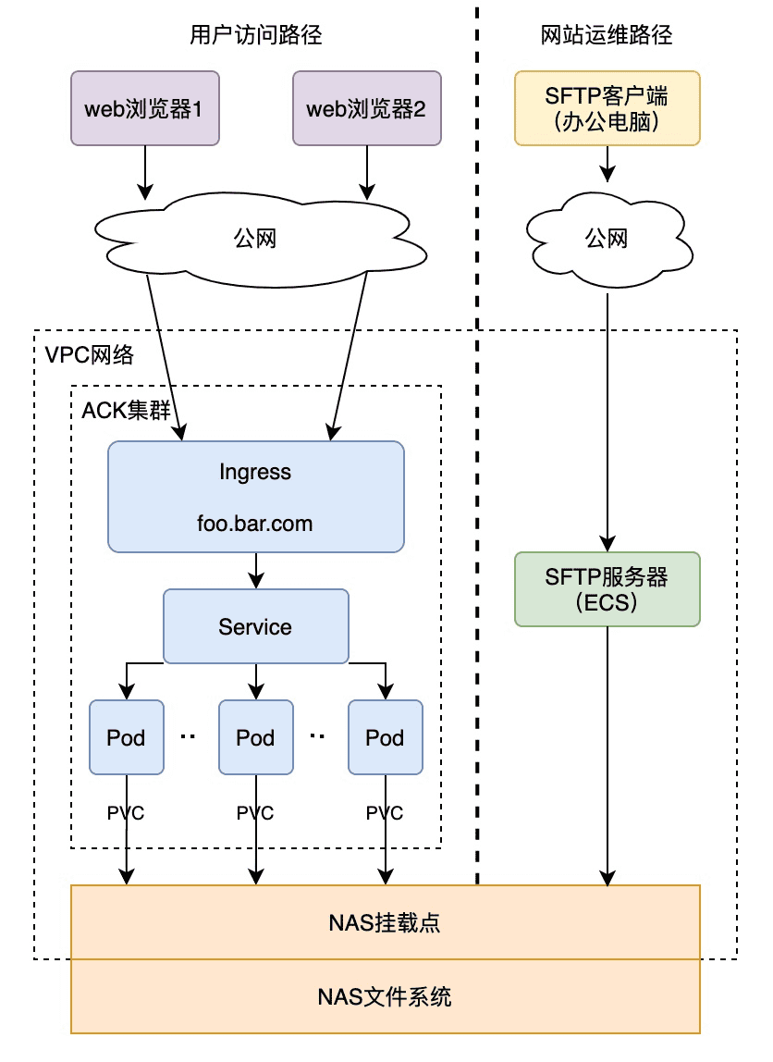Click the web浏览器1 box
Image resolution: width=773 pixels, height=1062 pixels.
pyautogui.click(x=145, y=109)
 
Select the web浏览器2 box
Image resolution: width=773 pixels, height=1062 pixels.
pyautogui.click(x=366, y=109)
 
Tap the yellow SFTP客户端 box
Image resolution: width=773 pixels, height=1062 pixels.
pyautogui.click(x=607, y=108)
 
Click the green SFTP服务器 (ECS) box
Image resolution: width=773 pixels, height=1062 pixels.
pyautogui.click(x=607, y=589)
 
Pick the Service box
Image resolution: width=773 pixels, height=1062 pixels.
pyautogui.click(x=255, y=626)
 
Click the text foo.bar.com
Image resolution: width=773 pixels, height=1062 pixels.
pyautogui.click(x=255, y=524)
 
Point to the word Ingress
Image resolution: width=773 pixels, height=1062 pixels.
pyautogui.click(x=255, y=472)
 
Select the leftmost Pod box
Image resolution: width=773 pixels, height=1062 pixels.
pyautogui.click(x=127, y=737)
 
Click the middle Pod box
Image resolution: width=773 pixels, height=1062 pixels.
pyautogui.click(x=255, y=737)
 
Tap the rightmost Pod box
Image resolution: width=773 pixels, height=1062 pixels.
pyautogui.click(x=385, y=737)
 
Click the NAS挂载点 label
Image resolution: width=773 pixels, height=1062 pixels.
pyautogui.click(x=385, y=922)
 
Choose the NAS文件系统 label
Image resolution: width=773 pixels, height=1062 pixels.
pyautogui.click(x=385, y=997)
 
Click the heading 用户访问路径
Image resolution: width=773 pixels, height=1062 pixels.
pyautogui.click(x=255, y=36)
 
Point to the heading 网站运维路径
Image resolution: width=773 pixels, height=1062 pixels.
pyautogui.click(x=607, y=36)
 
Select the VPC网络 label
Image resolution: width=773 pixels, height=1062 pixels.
pyautogui.click(x=89, y=354)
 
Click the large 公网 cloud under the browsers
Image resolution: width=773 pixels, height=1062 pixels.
pyautogui.click(x=255, y=239)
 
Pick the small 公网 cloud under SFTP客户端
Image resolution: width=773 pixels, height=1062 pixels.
pyautogui.click(x=607, y=239)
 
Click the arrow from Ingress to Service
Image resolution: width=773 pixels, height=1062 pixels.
pyautogui.click(x=255, y=570)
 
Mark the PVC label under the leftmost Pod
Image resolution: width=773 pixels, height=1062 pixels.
pyautogui.click(x=127, y=813)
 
